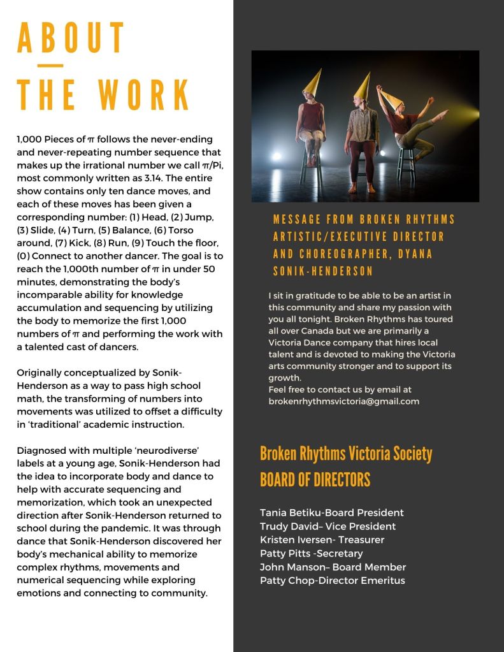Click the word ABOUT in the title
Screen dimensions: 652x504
[x=71, y=39]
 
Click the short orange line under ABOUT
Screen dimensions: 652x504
[x=50, y=65]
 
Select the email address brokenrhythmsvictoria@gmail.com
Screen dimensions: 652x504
[x=344, y=401]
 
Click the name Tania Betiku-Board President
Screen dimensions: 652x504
[x=331, y=512]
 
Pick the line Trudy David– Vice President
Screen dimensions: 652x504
[x=328, y=526]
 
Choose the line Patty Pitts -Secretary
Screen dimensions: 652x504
[x=311, y=553]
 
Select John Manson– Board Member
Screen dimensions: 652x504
[x=333, y=567]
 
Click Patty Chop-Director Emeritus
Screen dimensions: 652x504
[x=332, y=580]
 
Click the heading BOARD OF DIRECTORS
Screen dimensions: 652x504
[x=315, y=479]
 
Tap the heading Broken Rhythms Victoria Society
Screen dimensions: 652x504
[x=346, y=454]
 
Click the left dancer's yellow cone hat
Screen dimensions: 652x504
[x=312, y=83]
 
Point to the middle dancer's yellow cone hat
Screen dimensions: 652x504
[x=364, y=86]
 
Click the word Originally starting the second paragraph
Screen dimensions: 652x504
[x=41, y=372]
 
